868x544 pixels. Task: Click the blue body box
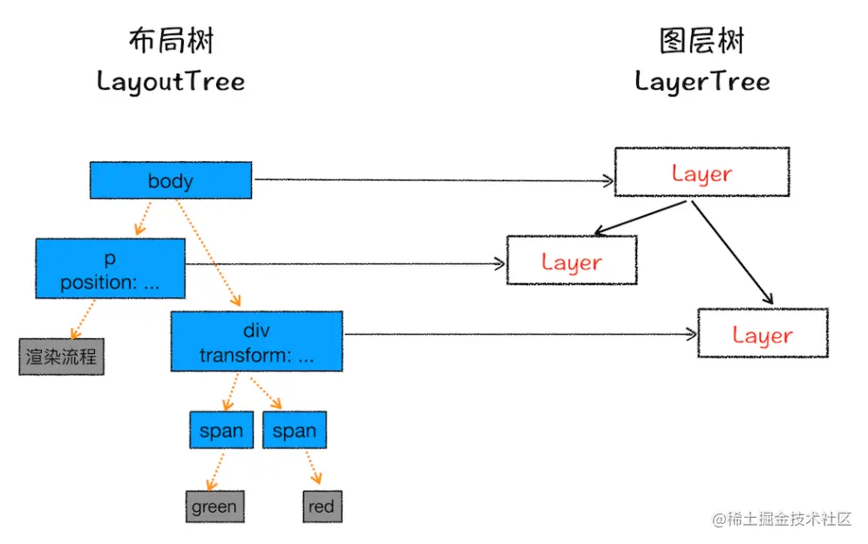tap(171, 180)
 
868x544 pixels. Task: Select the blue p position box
tap(111, 269)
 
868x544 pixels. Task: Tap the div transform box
tap(256, 341)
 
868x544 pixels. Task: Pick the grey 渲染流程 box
tap(61, 357)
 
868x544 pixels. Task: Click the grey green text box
tap(214, 507)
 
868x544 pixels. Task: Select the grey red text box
tap(322, 507)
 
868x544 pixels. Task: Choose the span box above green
tap(221, 431)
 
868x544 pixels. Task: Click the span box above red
tap(294, 431)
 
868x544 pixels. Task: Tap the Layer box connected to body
tap(702, 172)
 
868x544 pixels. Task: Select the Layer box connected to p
tap(572, 261)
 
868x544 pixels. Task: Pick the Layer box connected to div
tap(762, 333)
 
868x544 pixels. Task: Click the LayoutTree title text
tap(171, 82)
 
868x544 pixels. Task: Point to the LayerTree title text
tap(702, 82)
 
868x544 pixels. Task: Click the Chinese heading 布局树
tap(171, 41)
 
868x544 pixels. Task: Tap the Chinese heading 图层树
tap(702, 41)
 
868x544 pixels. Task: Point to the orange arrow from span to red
tap(311, 467)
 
